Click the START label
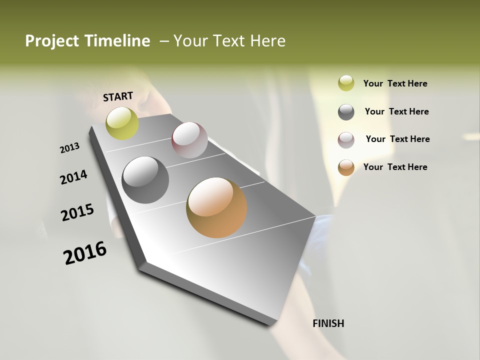118,96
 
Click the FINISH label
328,323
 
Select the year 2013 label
70,148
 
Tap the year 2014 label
73,177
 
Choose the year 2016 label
85,253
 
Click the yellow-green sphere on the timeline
122,123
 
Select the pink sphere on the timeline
189,140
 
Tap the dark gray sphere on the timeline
145,180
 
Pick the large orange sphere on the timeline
216,207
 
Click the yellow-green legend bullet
346,83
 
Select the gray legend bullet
346,112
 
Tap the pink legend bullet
346,140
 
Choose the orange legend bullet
346,167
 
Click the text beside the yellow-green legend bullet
395,83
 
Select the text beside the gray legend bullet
396,111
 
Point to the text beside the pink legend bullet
397,139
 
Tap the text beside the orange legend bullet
395,167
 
